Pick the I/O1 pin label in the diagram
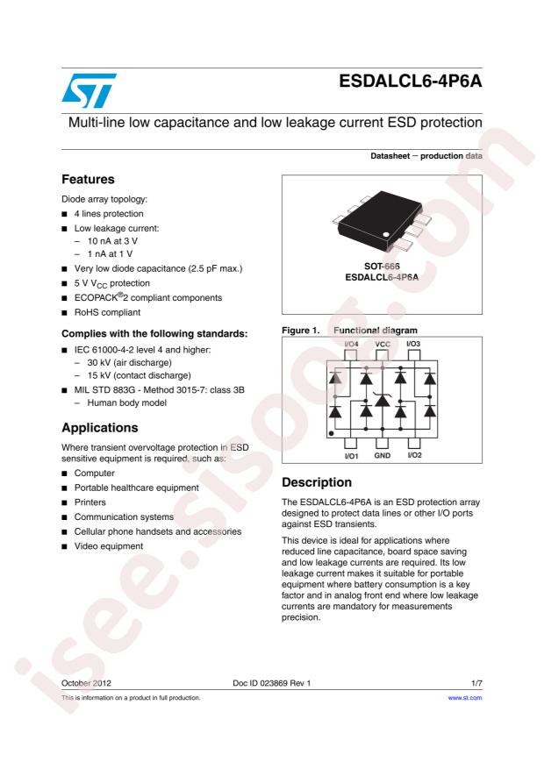[352, 456]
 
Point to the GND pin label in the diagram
[383, 456]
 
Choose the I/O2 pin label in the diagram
[415, 456]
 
